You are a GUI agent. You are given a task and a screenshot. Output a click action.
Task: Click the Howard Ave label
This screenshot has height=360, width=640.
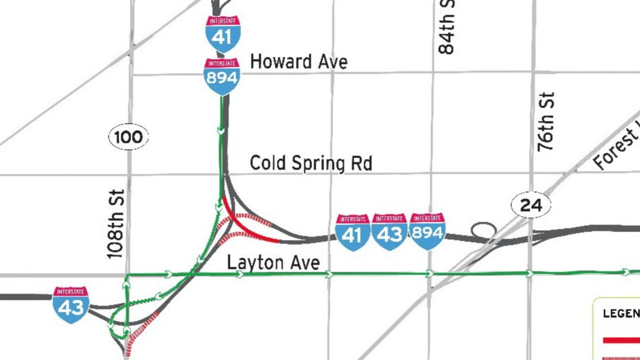pos(298,62)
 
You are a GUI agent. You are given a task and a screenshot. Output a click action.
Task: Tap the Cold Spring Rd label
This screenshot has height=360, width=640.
pos(310,163)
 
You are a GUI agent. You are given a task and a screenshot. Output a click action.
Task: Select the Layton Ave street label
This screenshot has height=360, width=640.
pos(273,262)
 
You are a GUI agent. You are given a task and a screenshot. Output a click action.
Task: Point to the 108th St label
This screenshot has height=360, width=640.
pos(115,223)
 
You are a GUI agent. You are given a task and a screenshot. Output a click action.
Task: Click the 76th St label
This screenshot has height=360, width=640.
pos(546,122)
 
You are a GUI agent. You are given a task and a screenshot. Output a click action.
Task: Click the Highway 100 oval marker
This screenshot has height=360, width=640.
pos(128,137)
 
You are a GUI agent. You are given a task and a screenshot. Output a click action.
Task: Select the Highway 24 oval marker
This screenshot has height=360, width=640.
pos(530,205)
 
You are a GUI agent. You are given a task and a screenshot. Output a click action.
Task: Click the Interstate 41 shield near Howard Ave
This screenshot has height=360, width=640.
pos(223,34)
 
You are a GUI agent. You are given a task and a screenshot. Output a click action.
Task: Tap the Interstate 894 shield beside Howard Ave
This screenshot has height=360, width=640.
pos(222,76)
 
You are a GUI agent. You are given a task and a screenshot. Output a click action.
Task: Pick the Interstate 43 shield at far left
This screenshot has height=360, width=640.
pos(71,304)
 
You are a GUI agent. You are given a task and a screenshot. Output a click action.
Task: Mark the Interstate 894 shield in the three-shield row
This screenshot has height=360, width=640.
pos(427,231)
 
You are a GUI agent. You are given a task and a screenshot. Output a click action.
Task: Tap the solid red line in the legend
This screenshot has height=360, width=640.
pos(621,340)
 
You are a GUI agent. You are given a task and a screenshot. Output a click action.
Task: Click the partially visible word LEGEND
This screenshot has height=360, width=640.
pos(621,313)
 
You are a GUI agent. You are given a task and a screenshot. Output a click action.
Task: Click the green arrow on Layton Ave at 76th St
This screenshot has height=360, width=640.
pos(529,273)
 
